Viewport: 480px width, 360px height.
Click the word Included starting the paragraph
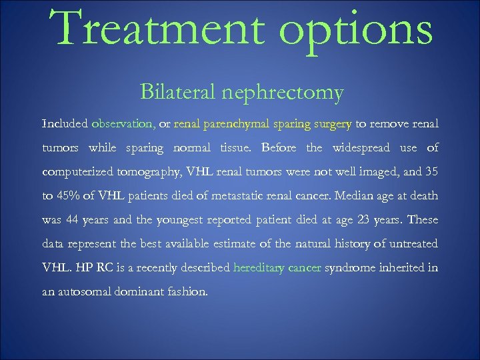click(64, 123)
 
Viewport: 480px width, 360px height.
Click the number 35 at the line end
click(431, 171)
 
